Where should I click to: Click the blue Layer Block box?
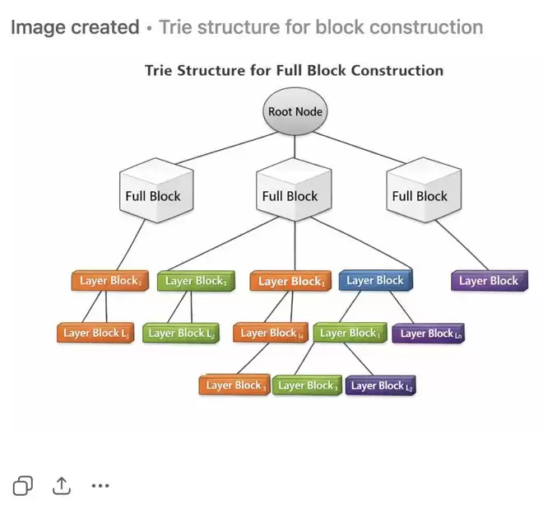pyautogui.click(x=375, y=281)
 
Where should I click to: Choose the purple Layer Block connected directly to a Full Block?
pyautogui.click(x=489, y=281)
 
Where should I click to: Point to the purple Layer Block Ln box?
pyautogui.click(x=429, y=334)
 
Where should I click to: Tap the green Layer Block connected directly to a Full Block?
pyautogui.click(x=196, y=281)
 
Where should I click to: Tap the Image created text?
pyautogui.click(x=75, y=27)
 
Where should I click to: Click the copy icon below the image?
pyautogui.click(x=23, y=486)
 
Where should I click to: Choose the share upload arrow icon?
pyautogui.click(x=62, y=486)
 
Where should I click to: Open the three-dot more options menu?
pyautogui.click(x=100, y=486)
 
